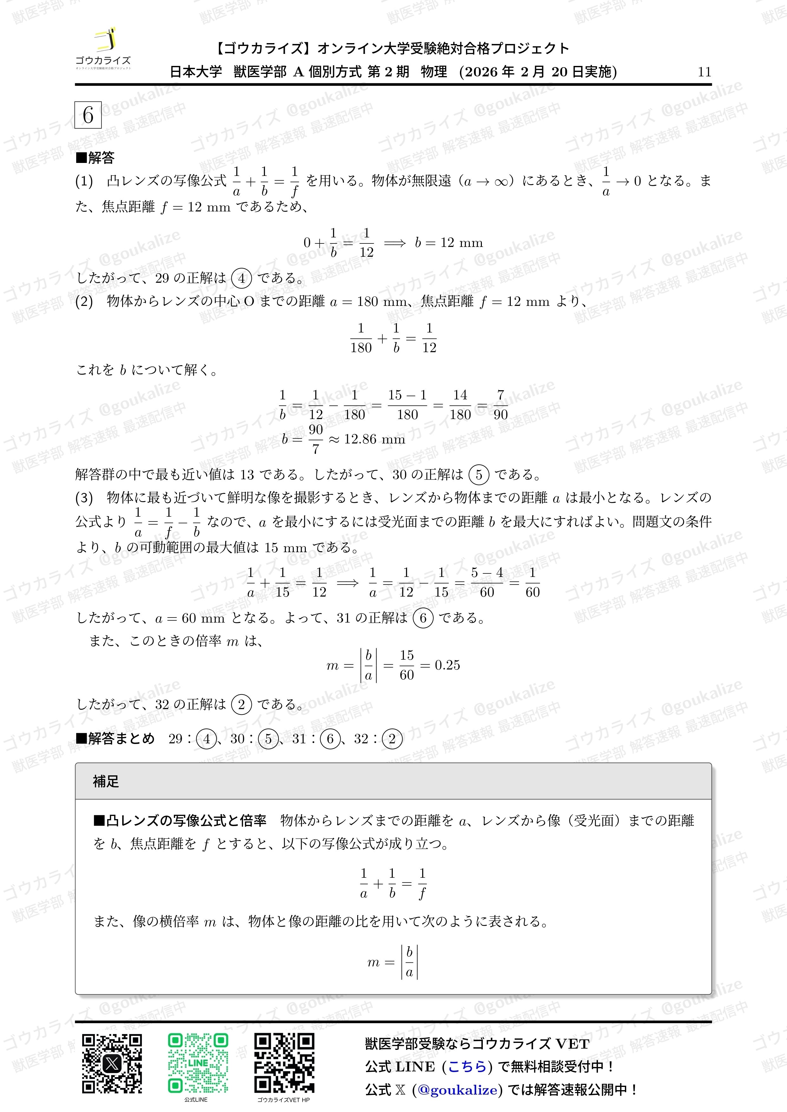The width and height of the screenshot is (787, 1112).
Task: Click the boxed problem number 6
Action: click(88, 115)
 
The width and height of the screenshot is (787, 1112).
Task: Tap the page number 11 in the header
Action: click(704, 72)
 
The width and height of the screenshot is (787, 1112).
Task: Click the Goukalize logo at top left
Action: click(103, 48)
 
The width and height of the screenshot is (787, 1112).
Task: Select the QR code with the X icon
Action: click(112, 1064)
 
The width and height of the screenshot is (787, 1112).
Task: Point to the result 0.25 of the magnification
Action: click(447, 665)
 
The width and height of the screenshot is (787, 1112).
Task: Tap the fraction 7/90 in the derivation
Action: click(500, 405)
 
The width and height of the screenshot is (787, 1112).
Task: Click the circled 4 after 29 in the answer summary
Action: click(207, 739)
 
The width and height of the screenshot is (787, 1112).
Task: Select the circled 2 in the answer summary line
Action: click(392, 739)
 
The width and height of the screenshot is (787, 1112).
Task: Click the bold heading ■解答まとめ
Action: click(115, 739)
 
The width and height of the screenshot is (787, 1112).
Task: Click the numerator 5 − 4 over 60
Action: click(487, 572)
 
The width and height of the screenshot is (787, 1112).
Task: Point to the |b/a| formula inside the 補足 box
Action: click(409, 962)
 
